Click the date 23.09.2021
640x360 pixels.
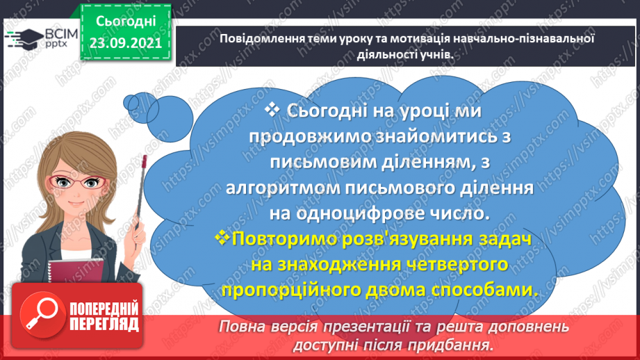pos(124,42)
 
